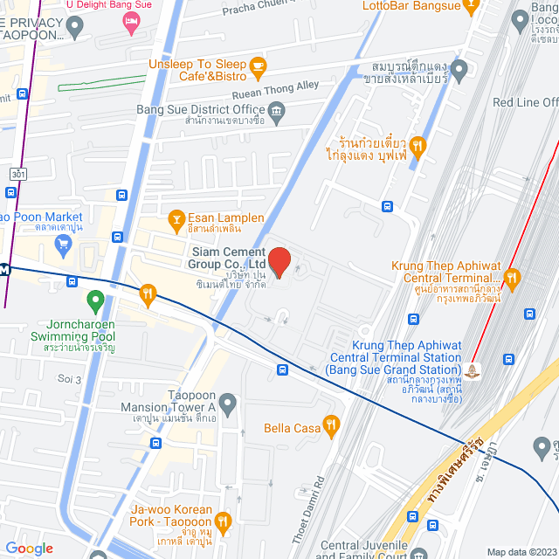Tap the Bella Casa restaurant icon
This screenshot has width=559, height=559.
point(331,426)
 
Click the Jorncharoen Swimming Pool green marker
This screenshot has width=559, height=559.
point(96,302)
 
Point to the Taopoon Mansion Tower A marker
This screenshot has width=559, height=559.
point(228,404)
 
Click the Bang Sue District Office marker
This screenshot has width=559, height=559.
point(277,110)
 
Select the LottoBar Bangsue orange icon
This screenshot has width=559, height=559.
point(471,7)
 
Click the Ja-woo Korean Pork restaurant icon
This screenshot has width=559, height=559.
point(223,522)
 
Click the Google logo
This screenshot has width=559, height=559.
point(29,549)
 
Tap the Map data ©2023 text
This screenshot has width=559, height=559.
point(521,552)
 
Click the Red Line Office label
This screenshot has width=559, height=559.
point(525,102)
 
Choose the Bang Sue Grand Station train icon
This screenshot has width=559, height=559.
point(474,371)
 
